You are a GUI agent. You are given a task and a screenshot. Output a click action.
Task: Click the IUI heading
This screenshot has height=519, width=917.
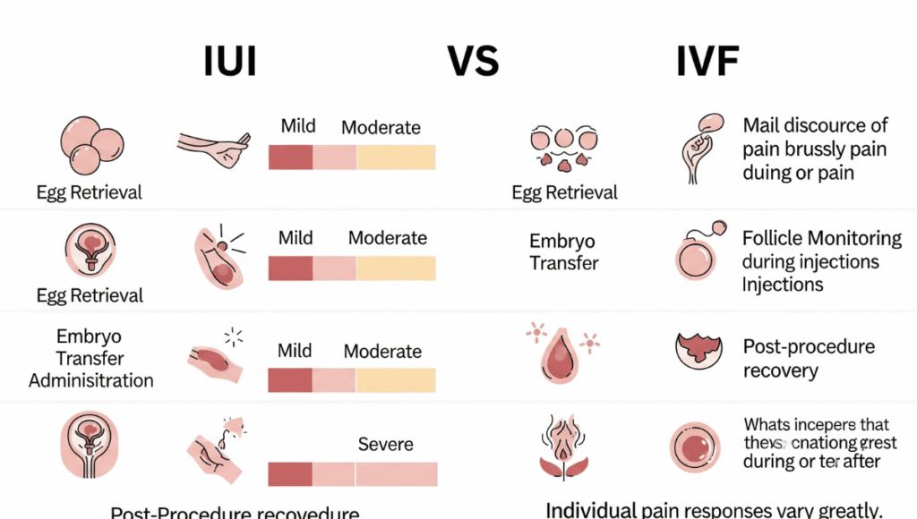click(x=231, y=62)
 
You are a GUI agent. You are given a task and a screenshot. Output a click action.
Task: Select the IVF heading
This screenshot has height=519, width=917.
click(x=707, y=62)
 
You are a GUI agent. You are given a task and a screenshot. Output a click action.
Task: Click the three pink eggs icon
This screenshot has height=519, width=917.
click(x=90, y=148)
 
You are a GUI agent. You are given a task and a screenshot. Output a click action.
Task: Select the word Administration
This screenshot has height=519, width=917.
click(x=91, y=380)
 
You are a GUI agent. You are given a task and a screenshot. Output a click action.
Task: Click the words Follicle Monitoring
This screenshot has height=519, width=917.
click(x=821, y=239)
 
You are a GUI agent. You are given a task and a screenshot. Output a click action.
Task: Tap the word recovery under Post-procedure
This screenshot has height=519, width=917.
click(x=780, y=370)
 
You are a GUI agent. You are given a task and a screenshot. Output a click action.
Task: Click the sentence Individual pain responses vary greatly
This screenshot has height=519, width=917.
click(x=713, y=510)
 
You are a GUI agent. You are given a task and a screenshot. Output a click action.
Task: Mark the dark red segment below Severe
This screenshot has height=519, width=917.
click(x=290, y=474)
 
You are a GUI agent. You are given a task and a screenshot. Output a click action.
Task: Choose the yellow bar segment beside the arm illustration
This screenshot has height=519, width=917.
click(x=396, y=157)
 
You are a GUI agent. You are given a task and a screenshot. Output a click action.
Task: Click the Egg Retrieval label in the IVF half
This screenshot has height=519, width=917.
click(x=564, y=192)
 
